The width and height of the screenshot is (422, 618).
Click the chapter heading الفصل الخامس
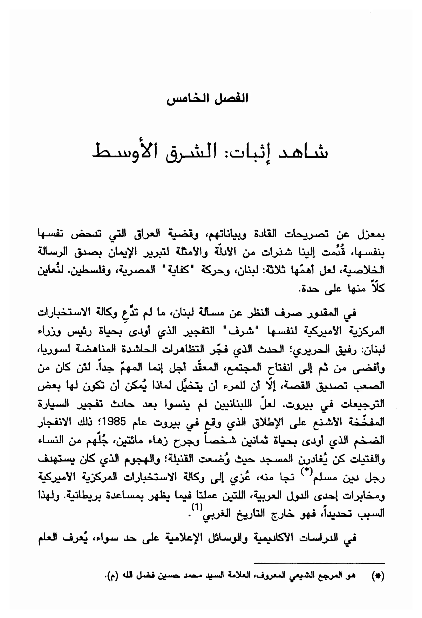tap(207, 99)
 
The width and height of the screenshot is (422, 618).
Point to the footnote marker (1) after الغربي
tap(197, 507)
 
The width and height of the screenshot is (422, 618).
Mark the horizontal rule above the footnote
tap(319, 563)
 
